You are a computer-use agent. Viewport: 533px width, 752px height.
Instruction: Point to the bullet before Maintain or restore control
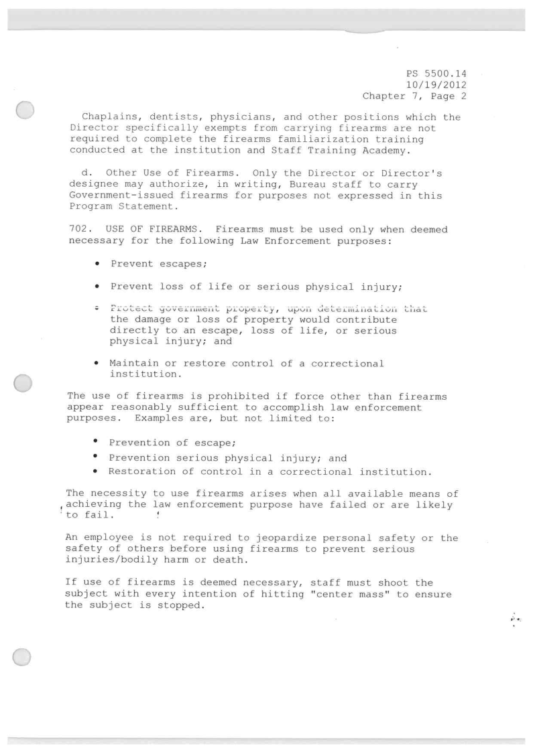[x=98, y=364]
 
